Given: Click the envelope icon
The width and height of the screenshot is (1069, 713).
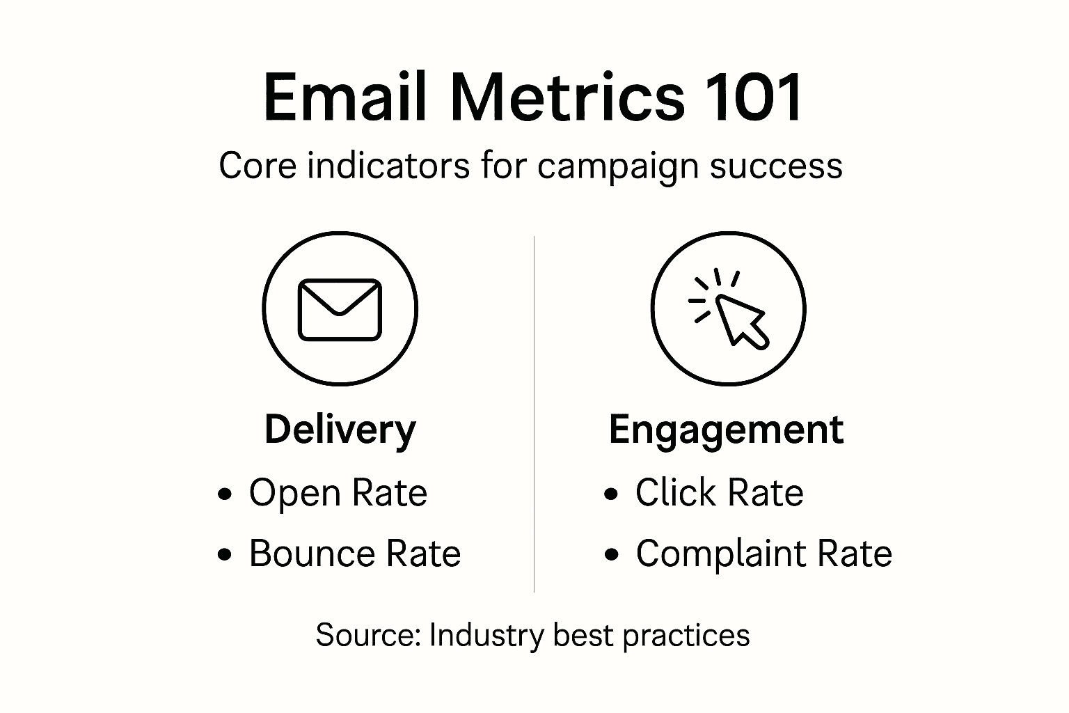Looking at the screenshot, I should tap(340, 310).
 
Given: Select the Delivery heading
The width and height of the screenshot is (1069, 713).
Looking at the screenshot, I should tap(340, 430).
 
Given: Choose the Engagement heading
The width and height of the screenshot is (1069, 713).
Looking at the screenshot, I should tap(726, 430).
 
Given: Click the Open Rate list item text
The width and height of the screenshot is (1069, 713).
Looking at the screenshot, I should tap(338, 493).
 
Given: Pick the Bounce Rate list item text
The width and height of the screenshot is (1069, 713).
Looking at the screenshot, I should tap(355, 554).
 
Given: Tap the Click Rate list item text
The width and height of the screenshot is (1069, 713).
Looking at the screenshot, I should tap(719, 493).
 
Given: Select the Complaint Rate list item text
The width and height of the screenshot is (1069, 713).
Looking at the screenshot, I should tap(763, 554).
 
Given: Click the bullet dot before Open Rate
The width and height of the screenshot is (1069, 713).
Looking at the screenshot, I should tap(224, 494).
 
